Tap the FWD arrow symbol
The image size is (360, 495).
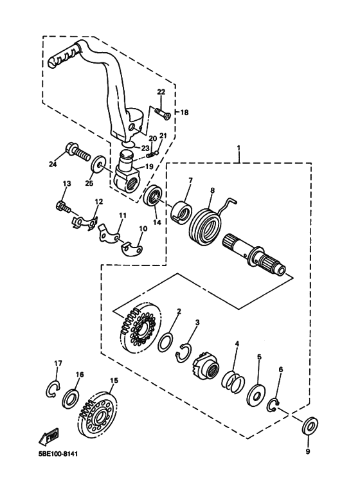click(49, 437)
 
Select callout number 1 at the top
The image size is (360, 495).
click(239, 148)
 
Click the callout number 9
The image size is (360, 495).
click(307, 452)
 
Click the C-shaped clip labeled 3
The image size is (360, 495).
click(186, 351)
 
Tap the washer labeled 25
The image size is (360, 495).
click(98, 164)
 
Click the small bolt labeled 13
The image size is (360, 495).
click(63, 206)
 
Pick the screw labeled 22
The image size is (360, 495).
click(161, 113)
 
